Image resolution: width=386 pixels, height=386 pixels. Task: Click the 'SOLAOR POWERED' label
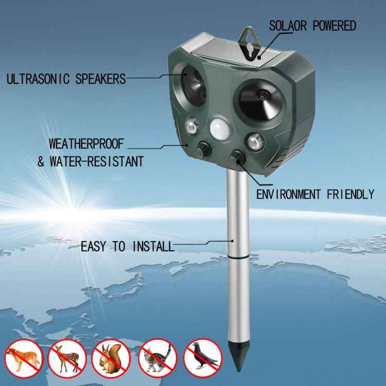(x=312, y=26)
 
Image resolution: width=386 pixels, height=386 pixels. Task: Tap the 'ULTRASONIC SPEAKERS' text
(x=66, y=79)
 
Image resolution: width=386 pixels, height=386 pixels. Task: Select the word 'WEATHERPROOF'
(x=86, y=144)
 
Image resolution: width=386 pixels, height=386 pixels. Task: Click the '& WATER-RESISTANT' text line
(x=90, y=162)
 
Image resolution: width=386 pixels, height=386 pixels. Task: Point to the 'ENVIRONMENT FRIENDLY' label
(x=315, y=194)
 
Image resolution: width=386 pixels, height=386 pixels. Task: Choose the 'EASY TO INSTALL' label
(x=127, y=247)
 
